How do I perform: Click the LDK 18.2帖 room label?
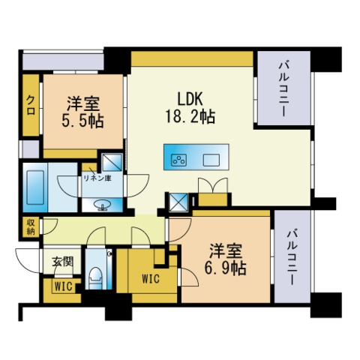point(190,107)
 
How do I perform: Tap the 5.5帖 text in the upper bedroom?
point(82,120)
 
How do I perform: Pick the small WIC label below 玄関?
point(61,286)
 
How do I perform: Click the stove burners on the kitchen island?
point(179,159)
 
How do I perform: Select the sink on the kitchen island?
point(211,159)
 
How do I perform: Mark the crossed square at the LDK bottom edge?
point(179,201)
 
